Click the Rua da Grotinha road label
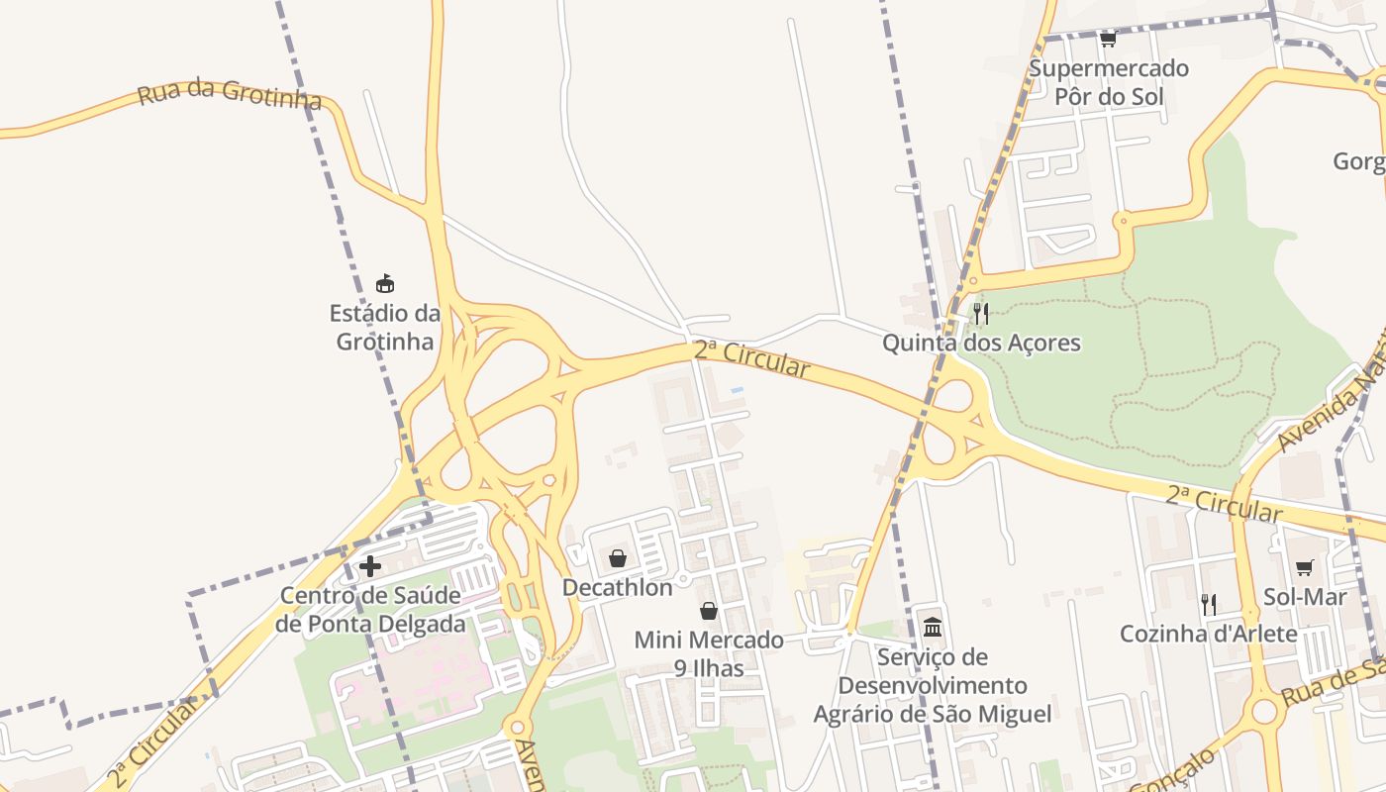[230, 95]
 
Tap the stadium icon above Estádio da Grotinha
[385, 284]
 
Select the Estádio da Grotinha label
[385, 328]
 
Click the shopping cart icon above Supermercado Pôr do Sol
[1108, 40]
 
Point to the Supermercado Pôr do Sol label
[1108, 83]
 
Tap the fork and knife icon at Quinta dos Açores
[981, 314]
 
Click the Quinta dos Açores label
[981, 344]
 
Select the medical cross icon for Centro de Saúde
[370, 566]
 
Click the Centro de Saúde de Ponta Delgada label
[370, 610]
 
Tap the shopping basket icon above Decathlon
[618, 559]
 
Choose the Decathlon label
[618, 588]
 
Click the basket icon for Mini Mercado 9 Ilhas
[709, 611]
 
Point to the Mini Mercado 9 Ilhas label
[709, 654]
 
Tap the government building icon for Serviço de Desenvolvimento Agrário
[933, 627]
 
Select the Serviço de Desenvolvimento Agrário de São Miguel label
[933, 685]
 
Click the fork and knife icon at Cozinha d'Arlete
[1209, 604]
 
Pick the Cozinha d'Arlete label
[1209, 634]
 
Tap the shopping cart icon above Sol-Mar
[1305, 567]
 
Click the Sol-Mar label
[1305, 597]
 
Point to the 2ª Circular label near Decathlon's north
[751, 358]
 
